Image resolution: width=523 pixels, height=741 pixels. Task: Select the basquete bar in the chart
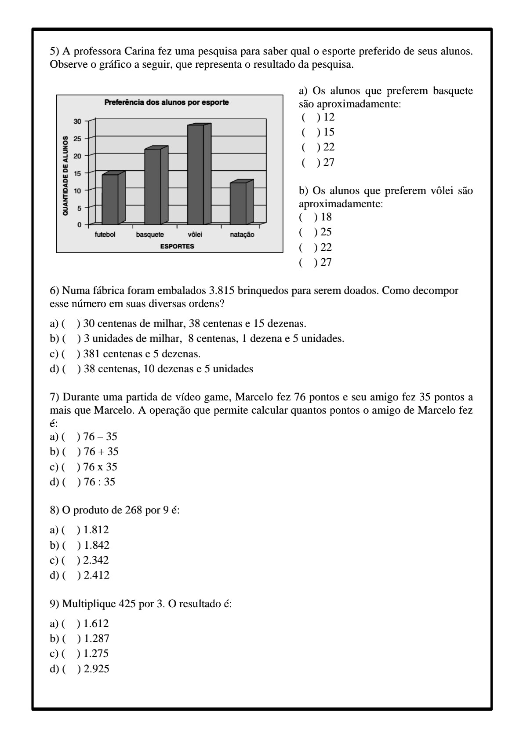click(x=153, y=187)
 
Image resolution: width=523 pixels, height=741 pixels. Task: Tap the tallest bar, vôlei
click(x=196, y=175)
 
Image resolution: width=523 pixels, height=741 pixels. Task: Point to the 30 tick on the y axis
click(x=77, y=121)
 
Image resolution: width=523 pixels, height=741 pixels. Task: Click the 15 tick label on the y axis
click(x=77, y=173)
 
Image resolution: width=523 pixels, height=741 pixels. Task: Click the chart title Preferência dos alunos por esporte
click(x=167, y=103)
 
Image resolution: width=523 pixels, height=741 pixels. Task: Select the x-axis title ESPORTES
click(x=177, y=246)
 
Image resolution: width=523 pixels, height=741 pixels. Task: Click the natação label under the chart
click(x=242, y=235)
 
